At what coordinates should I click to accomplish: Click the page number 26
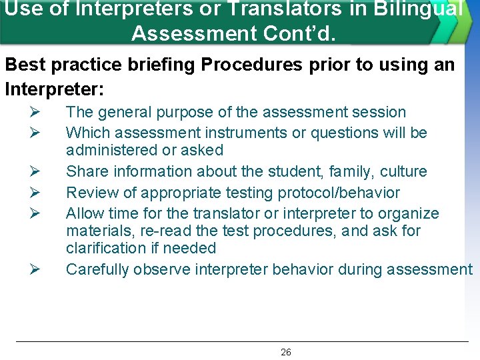coord(285,352)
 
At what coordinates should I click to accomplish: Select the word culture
coord(403,171)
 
